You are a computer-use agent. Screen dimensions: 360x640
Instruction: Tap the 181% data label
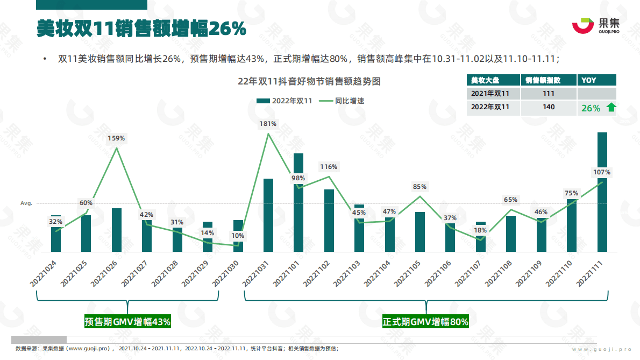(268, 124)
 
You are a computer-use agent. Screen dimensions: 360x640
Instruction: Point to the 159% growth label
(116, 138)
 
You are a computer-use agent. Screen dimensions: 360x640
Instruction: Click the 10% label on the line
(238, 236)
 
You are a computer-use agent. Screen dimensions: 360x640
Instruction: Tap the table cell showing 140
(548, 107)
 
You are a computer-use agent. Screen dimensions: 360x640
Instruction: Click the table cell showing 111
(548, 94)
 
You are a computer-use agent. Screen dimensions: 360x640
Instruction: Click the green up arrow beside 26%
(610, 108)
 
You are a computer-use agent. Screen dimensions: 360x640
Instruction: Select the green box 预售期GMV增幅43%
(127, 322)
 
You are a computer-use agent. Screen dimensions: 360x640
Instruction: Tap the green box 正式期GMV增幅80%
(425, 322)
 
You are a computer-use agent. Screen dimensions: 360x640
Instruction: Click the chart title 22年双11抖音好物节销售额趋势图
(309, 82)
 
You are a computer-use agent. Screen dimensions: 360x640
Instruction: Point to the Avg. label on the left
(26, 203)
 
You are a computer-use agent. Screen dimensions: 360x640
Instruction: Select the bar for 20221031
(268, 215)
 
